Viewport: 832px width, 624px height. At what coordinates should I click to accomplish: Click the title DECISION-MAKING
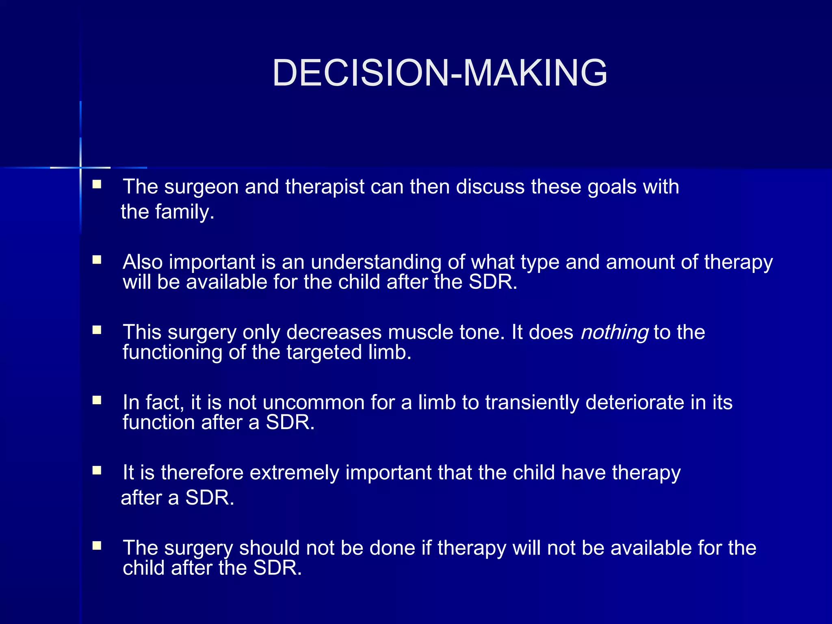(x=440, y=73)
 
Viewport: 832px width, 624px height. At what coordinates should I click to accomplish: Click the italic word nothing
(x=614, y=332)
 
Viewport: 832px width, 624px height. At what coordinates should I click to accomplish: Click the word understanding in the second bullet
(x=376, y=262)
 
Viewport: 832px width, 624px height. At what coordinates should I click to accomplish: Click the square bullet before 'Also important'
(x=97, y=260)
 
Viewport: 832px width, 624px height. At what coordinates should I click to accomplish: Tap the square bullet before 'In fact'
(x=97, y=400)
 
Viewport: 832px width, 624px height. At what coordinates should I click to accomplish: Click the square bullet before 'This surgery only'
(x=97, y=330)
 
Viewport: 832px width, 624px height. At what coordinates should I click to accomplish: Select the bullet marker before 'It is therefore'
(x=97, y=470)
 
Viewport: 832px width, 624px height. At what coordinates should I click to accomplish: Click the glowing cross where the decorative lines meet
(x=80, y=167)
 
